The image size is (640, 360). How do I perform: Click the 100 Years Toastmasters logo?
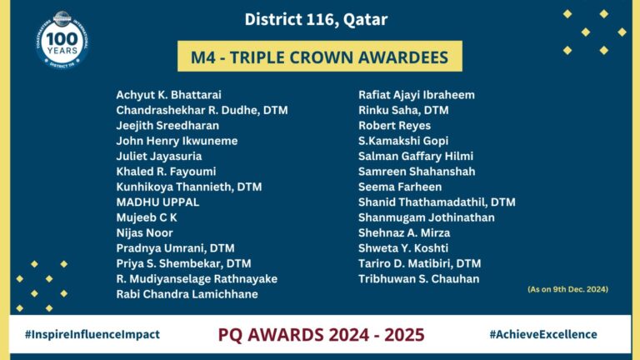(x=62, y=40)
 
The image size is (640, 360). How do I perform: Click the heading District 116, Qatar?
(x=316, y=20)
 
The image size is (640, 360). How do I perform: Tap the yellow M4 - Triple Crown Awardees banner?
(x=320, y=57)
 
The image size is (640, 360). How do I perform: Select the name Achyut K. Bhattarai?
(x=168, y=95)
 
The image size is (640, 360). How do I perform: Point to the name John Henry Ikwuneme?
(x=177, y=141)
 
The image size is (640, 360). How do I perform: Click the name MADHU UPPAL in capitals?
(x=157, y=202)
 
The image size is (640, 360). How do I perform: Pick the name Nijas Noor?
(x=144, y=232)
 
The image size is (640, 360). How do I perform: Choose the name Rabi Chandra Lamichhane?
(x=187, y=294)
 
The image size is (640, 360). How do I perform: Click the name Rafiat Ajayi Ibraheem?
(x=417, y=95)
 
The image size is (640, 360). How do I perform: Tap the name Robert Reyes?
(x=394, y=126)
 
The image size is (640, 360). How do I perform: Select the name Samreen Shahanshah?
(x=417, y=172)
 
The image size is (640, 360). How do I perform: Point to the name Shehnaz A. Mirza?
(x=404, y=232)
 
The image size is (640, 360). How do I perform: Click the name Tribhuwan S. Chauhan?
(x=419, y=279)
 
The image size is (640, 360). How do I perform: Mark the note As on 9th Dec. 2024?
(x=567, y=289)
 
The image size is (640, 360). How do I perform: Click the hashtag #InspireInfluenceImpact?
(x=92, y=334)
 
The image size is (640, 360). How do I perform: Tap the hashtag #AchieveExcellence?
(x=543, y=334)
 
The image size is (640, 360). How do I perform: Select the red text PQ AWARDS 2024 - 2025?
(x=321, y=335)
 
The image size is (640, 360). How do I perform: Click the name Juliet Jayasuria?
(x=159, y=157)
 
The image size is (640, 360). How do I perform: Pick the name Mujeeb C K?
(x=147, y=217)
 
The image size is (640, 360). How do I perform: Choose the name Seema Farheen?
(x=400, y=187)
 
